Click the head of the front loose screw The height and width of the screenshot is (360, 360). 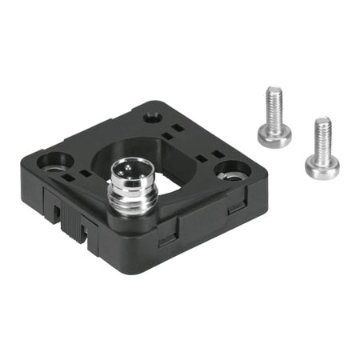pyautogui.click(x=322, y=164)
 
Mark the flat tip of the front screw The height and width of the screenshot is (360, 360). pyautogui.click(x=322, y=121)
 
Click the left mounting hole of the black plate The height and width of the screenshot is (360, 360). pyautogui.click(x=54, y=162)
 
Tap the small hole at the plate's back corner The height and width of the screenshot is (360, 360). pyautogui.click(x=152, y=118)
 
